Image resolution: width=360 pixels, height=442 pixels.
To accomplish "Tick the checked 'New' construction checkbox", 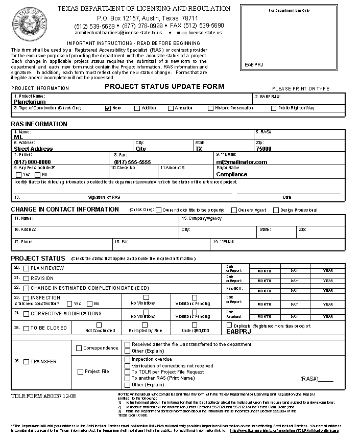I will click(108, 108).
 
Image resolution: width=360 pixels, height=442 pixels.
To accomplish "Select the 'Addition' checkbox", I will click(137, 108).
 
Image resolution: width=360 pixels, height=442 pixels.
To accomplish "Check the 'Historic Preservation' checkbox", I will click(210, 108).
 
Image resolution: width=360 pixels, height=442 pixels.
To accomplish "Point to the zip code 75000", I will click(263, 149).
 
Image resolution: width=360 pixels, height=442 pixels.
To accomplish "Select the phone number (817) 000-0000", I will click(32, 162).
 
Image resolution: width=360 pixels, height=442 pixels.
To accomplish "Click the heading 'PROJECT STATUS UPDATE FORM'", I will click(164, 86).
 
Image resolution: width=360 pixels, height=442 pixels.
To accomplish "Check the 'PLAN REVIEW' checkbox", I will click(26, 268).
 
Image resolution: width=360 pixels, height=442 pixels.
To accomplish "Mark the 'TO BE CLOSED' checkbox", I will click(26, 328).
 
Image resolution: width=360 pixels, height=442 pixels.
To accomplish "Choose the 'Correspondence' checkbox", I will click(79, 348).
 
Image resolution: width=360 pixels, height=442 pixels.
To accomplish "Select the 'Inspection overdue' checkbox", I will click(127, 359).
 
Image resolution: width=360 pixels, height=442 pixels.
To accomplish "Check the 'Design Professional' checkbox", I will click(276, 210).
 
